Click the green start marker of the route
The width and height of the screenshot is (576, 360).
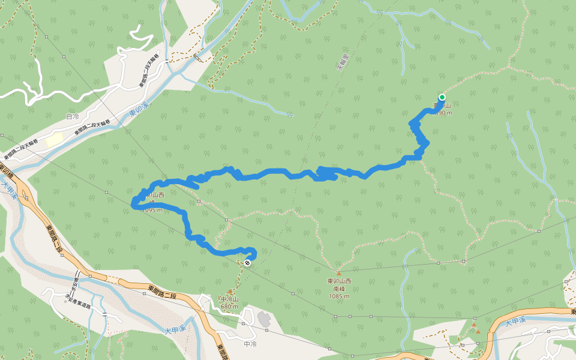click(442, 97)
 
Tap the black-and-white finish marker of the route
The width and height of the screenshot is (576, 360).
click(247, 263)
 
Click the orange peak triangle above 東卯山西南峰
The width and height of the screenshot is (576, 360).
click(338, 272)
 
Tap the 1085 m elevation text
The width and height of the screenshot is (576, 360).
click(338, 296)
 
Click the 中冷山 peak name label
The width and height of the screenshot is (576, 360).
click(229, 299)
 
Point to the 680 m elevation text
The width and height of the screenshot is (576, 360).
click(229, 307)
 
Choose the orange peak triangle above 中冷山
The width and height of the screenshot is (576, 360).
click(229, 292)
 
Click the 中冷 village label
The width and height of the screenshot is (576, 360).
click(250, 344)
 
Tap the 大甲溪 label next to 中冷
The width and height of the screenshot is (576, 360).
click(176, 329)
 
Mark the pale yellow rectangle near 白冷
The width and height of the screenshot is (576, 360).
click(55, 139)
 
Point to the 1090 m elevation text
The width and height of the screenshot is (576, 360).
click(442, 113)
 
